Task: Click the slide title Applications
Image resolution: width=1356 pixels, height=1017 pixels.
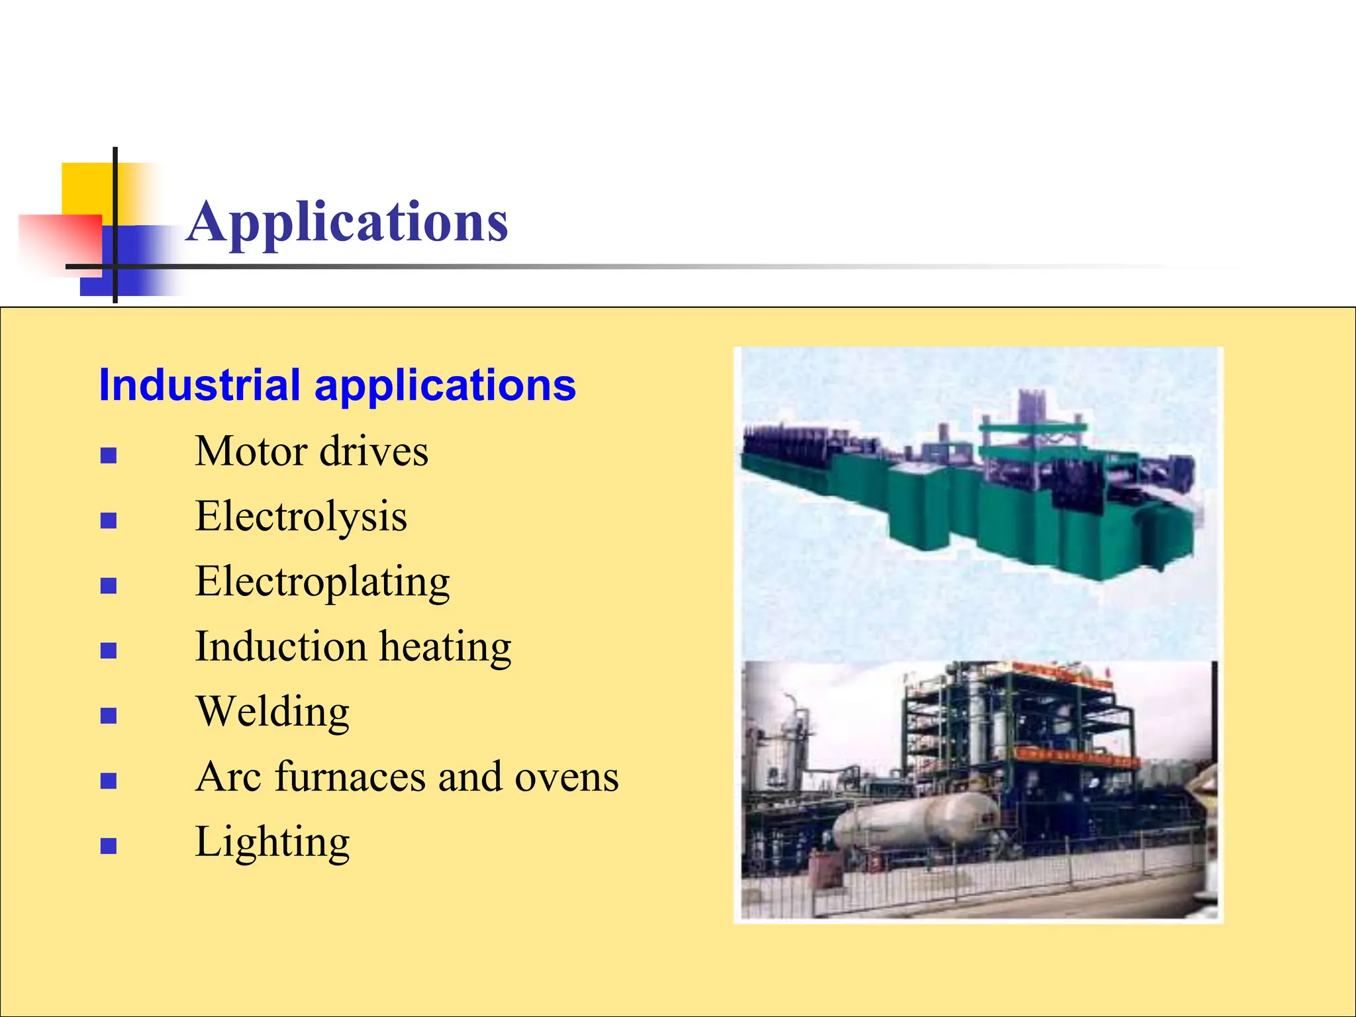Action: tap(347, 222)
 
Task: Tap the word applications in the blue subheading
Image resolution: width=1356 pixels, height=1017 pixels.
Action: tap(445, 387)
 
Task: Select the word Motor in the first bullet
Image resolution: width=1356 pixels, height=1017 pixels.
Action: tap(252, 452)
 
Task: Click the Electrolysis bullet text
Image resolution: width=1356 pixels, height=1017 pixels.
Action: tap(301, 516)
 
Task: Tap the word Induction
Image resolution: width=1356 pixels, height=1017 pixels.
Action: tap(281, 646)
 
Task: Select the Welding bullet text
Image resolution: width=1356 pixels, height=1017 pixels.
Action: tap(272, 712)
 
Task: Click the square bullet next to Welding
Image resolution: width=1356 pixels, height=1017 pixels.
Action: tap(109, 716)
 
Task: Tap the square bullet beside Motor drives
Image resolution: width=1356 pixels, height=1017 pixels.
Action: tap(109, 456)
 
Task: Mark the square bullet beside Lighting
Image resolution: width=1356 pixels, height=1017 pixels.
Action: tap(109, 846)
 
